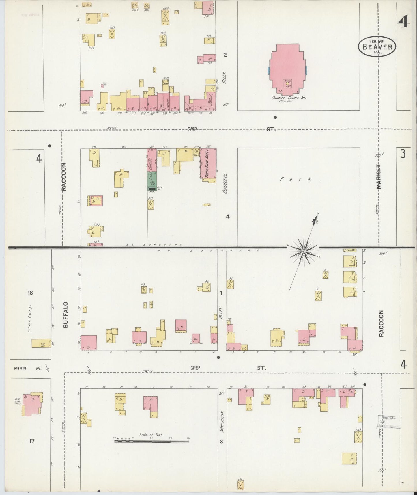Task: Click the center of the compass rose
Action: tap(304, 252)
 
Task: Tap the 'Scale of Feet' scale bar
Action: tap(152, 441)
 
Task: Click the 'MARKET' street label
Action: tap(379, 177)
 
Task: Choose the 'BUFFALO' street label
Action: tap(66, 315)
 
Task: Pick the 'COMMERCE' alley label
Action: tap(226, 183)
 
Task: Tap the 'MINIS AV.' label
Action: tap(27, 368)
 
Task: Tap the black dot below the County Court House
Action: tap(275, 118)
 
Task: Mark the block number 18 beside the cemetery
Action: tap(30, 293)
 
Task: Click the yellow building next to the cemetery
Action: tap(41, 343)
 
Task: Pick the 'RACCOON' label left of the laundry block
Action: tap(63, 177)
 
